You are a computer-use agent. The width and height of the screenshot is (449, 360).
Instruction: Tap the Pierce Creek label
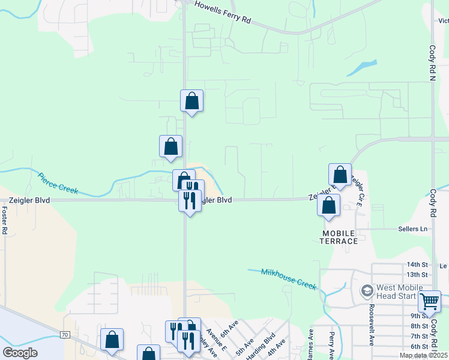click(x=58, y=183)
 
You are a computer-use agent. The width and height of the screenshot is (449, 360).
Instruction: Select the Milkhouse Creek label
click(x=289, y=279)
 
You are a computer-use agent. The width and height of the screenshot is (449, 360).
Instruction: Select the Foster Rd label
click(x=4, y=220)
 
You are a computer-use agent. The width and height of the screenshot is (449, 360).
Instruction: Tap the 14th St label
click(x=416, y=265)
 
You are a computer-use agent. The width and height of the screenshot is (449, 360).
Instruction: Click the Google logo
click(x=20, y=353)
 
